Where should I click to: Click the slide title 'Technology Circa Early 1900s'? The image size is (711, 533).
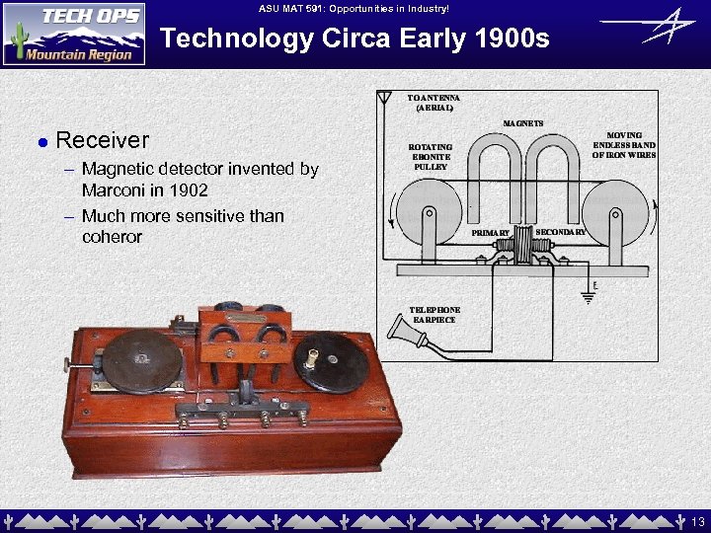click(x=355, y=38)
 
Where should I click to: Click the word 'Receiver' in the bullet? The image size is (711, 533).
click(x=103, y=141)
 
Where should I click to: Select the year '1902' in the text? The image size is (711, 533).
click(x=188, y=190)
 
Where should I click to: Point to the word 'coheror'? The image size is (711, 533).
click(x=113, y=237)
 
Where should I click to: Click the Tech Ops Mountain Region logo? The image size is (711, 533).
click(x=74, y=34)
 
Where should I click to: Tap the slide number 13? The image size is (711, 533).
click(x=697, y=521)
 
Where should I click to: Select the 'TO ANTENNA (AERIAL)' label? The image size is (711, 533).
click(x=434, y=103)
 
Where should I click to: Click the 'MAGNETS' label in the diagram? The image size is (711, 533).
click(x=523, y=123)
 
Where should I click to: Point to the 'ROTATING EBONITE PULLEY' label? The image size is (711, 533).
click(x=431, y=157)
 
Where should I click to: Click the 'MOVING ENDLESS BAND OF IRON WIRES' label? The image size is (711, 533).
click(x=624, y=145)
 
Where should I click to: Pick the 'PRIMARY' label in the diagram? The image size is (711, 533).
click(x=490, y=233)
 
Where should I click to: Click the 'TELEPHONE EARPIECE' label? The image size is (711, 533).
click(x=434, y=315)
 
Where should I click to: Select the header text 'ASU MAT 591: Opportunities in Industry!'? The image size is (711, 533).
click(x=355, y=8)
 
